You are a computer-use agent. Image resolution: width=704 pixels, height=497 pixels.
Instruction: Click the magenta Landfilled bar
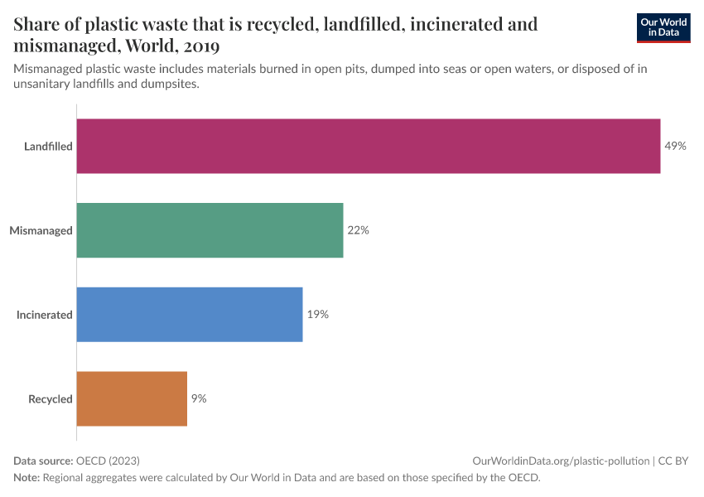click(x=369, y=146)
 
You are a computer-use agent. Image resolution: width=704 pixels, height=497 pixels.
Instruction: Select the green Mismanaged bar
click(x=210, y=230)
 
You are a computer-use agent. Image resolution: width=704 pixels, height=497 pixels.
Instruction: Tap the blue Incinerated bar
click(x=190, y=315)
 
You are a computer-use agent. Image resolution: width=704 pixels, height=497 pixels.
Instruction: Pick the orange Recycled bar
click(x=132, y=398)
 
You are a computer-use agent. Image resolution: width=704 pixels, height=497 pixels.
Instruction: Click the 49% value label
click(x=675, y=146)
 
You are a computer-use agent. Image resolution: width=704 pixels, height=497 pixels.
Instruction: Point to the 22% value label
click(x=358, y=230)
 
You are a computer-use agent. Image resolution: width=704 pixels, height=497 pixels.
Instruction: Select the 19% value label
click(x=318, y=315)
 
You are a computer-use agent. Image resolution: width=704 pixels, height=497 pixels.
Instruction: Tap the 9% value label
click(x=199, y=398)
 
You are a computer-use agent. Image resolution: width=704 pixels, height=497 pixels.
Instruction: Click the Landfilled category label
click(x=48, y=147)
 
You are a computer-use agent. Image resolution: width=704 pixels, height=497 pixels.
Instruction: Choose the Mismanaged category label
click(x=41, y=230)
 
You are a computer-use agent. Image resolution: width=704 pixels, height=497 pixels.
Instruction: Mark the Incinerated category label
click(x=45, y=315)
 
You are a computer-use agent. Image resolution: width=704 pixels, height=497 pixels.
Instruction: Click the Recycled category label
click(x=51, y=399)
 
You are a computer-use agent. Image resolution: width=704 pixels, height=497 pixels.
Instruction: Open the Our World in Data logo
click(x=663, y=27)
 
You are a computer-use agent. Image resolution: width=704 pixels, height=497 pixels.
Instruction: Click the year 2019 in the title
click(x=201, y=45)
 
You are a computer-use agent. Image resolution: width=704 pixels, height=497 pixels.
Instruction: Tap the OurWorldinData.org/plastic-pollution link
click(x=560, y=461)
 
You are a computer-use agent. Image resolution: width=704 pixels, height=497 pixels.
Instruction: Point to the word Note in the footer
click(x=26, y=477)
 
